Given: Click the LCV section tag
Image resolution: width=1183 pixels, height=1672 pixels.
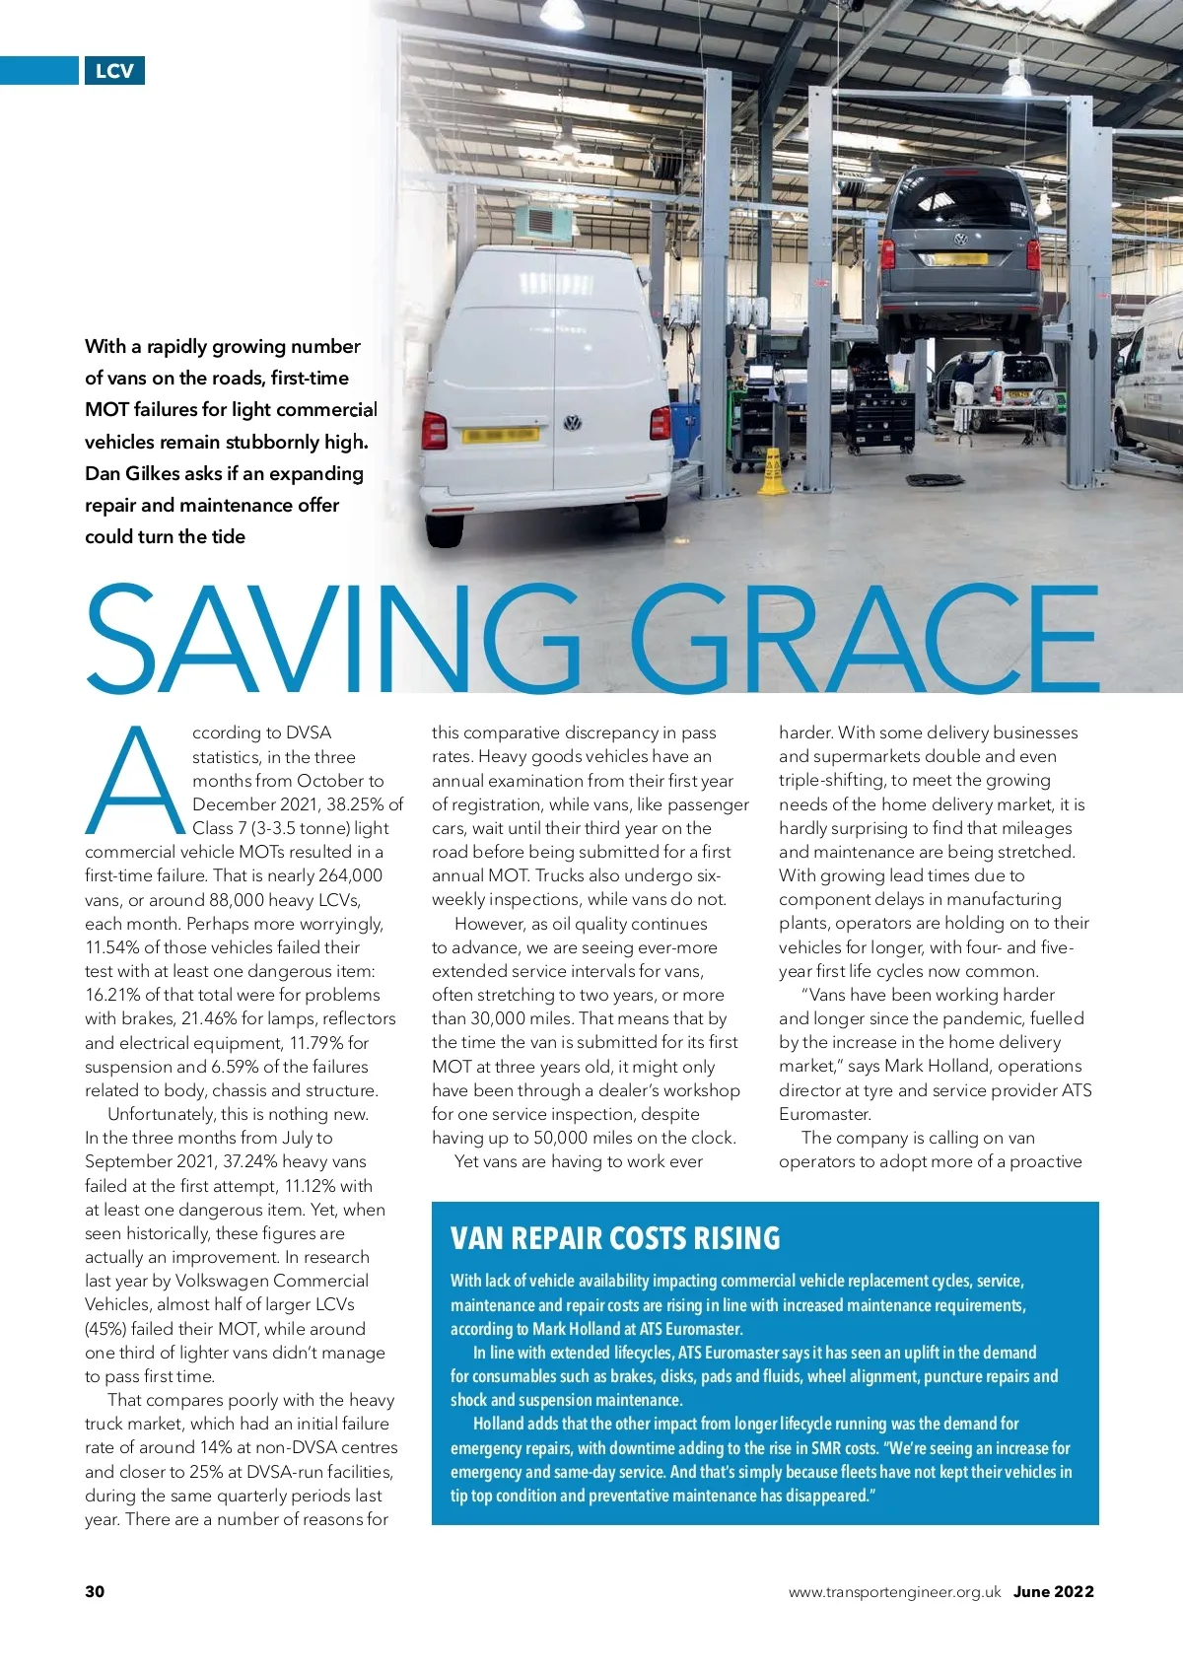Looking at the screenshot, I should coord(114,71).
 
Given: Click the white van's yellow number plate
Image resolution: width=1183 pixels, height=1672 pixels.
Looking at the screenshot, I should coord(501,435).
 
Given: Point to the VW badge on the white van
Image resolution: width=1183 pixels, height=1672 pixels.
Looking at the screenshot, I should coord(572,424).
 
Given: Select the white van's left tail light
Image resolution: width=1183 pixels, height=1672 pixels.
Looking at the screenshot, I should coord(434,430).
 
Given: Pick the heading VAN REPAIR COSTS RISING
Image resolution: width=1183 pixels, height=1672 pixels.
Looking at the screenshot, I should coord(615,1238).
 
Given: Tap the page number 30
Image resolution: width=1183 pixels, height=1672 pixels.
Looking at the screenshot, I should coord(95,1591).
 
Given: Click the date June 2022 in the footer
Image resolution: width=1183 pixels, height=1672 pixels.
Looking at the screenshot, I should coord(1053,1591).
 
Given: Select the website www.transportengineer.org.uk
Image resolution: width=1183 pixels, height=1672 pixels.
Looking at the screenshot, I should coord(894,1591).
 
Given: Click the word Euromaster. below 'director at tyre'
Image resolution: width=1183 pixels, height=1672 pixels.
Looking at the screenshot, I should coord(825,1114).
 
